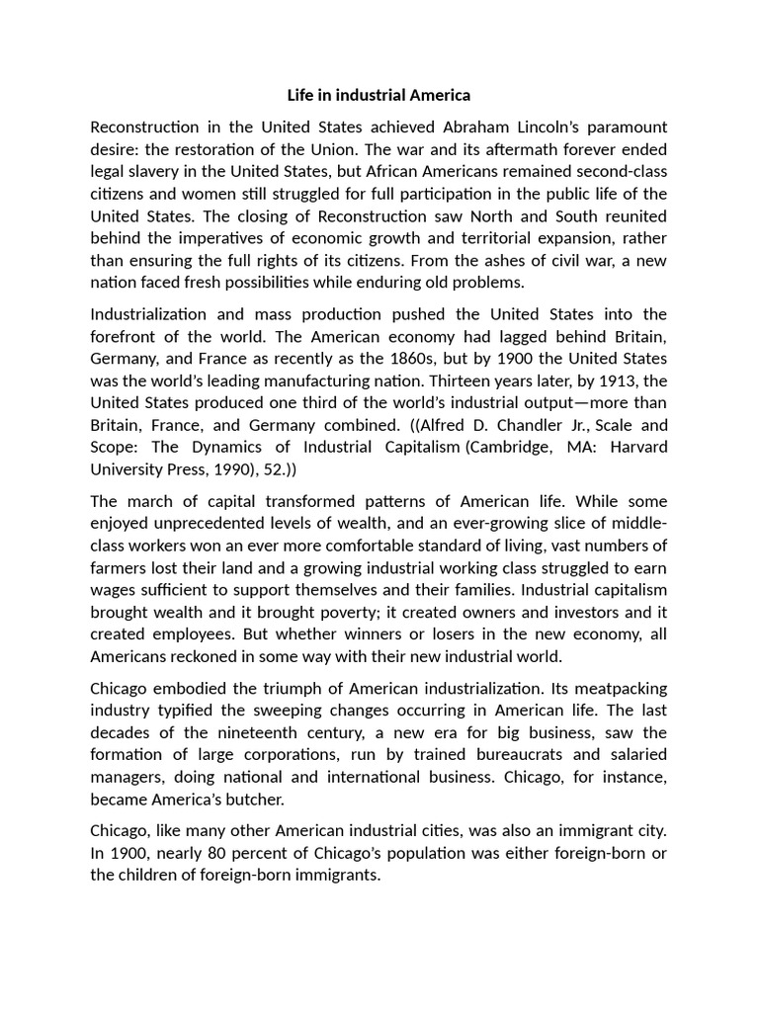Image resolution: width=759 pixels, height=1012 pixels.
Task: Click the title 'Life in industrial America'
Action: tap(379, 95)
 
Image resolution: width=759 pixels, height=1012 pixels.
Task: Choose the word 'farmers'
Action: tap(119, 567)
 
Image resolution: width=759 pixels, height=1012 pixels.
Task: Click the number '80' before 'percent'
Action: tap(217, 854)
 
